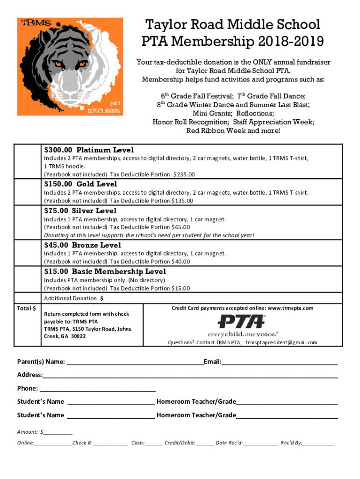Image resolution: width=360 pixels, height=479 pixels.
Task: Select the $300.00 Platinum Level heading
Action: [89, 150]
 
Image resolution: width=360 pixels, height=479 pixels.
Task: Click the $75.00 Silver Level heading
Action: [80, 211]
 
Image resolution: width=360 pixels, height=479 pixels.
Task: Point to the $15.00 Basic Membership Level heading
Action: [105, 272]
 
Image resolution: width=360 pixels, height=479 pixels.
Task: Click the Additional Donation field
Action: [187, 298]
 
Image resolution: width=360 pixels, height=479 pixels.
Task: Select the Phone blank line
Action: [98, 388]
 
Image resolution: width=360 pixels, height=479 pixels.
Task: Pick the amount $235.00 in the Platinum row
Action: [184, 174]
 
